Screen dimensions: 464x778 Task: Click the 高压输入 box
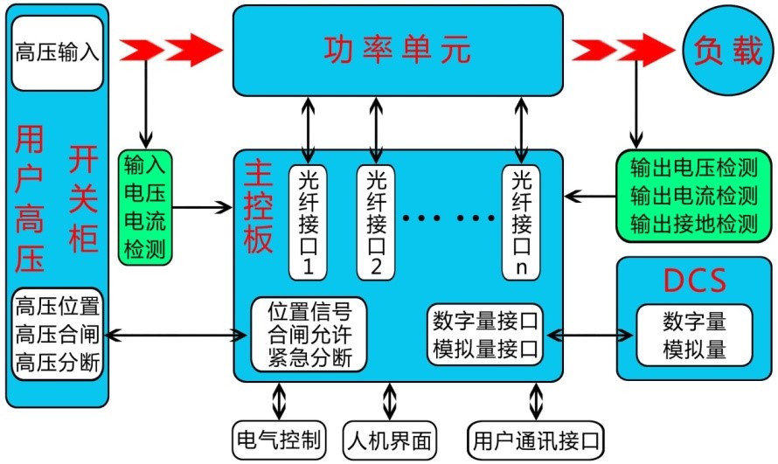tap(58, 52)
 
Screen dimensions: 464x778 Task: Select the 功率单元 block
tap(398, 51)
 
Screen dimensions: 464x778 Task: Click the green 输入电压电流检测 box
tap(145, 207)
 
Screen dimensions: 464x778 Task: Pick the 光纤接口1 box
tap(307, 220)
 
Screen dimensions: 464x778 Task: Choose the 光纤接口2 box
tap(376, 220)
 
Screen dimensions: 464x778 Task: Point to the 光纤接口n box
tap(521, 220)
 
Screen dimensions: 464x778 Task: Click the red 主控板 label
tap(259, 206)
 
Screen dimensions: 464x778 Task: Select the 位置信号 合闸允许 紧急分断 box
tap(309, 335)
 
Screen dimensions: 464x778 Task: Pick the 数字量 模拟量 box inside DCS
tap(694, 335)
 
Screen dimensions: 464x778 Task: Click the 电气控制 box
tap(279, 440)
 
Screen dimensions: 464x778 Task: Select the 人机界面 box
tap(389, 440)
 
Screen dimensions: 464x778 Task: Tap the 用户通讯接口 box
tap(535, 440)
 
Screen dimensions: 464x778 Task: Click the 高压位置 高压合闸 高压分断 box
tap(58, 335)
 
